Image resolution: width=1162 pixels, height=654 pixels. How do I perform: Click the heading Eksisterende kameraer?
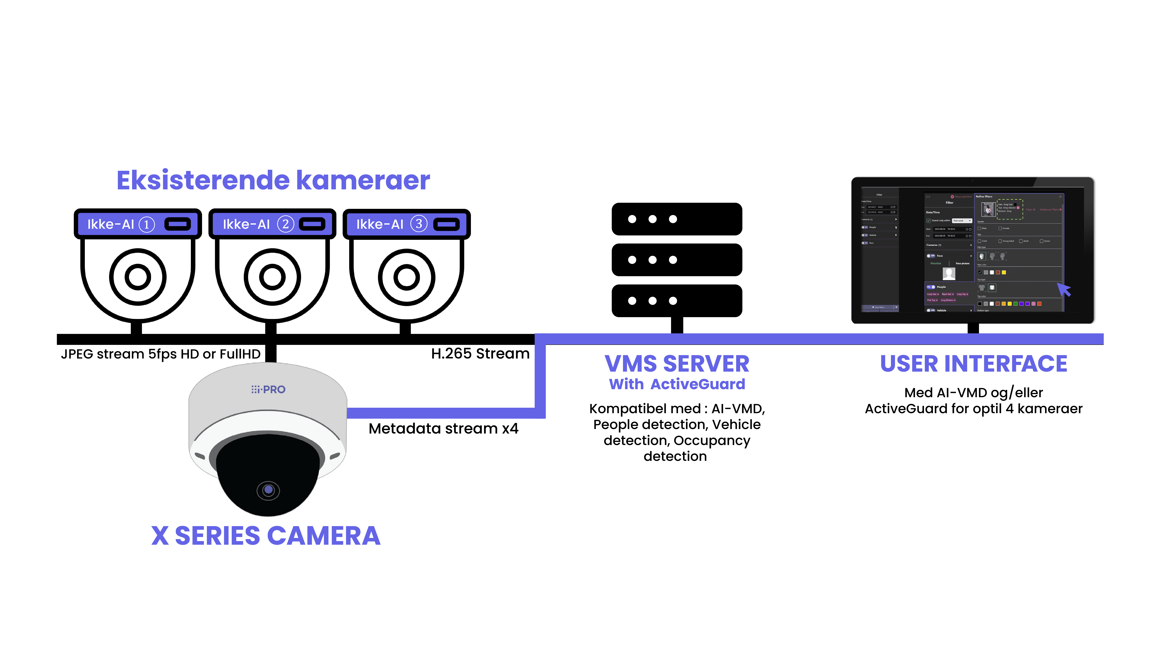(273, 181)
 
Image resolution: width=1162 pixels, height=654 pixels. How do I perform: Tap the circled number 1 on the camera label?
(147, 224)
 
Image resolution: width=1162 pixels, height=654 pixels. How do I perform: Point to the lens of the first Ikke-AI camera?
(138, 277)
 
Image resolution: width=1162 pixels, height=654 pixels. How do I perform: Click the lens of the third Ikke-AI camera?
(406, 277)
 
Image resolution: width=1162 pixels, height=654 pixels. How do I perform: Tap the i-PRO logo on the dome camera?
(268, 389)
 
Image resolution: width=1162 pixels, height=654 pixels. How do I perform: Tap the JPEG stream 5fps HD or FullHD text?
(161, 354)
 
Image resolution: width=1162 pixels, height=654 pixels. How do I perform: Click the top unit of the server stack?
(677, 219)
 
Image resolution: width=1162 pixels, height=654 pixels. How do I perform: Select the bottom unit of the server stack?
(677, 301)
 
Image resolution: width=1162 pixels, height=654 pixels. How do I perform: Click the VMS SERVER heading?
(677, 364)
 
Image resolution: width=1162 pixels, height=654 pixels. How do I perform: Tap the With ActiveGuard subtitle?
(677, 384)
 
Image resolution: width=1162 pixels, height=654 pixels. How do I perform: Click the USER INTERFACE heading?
(973, 364)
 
